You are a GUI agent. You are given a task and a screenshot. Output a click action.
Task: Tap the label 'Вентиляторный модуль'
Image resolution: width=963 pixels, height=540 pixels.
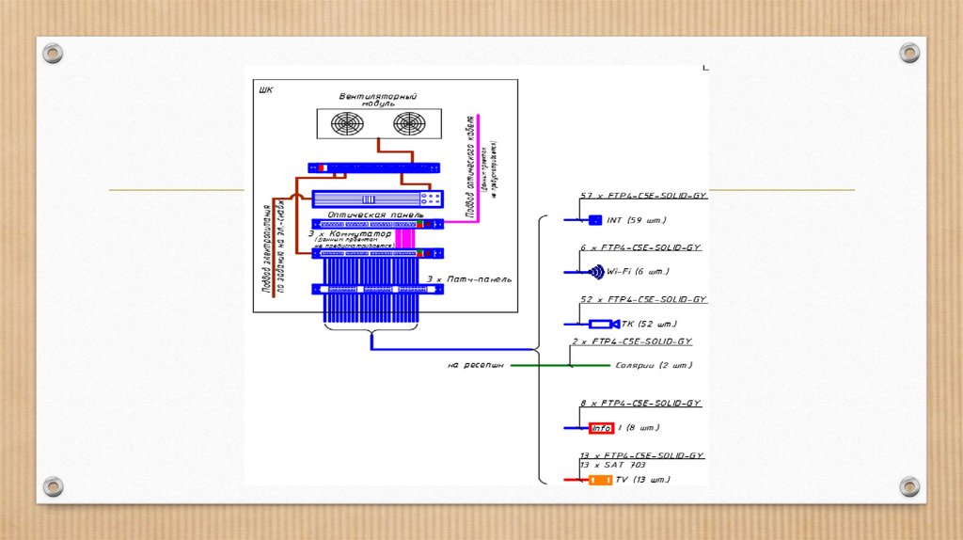point(378,100)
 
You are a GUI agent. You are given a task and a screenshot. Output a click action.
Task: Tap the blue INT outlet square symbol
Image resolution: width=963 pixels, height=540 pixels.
point(594,220)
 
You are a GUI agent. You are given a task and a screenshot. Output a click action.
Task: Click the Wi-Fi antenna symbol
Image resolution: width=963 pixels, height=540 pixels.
point(596,272)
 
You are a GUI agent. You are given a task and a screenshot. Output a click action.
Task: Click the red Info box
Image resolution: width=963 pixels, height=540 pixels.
point(601,428)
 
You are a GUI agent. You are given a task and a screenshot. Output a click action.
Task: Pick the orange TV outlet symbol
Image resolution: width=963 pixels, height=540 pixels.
point(600,480)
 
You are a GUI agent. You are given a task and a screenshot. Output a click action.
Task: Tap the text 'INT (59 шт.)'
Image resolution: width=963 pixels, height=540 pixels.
point(637,220)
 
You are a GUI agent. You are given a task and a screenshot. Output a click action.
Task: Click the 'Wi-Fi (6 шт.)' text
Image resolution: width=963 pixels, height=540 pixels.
point(639,272)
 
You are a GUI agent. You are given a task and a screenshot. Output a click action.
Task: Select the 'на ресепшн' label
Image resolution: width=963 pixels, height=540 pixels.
point(476,365)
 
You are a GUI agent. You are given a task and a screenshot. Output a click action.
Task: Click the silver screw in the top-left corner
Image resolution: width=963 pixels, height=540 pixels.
point(54,53)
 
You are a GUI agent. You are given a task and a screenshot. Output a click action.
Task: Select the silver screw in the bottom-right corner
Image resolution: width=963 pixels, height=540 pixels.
point(908,486)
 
